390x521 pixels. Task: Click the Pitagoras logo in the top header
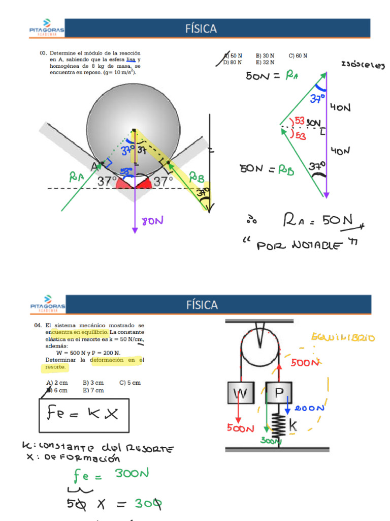tap(46, 28)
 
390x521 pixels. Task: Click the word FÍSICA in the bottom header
tap(202, 305)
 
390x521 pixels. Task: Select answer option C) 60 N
tap(298, 55)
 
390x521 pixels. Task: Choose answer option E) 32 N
tap(266, 62)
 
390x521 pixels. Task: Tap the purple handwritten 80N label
tap(152, 221)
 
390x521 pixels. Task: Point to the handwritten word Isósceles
tap(363, 65)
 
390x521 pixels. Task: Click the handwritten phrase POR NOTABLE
tap(300, 245)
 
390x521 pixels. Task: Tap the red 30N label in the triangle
tap(313, 123)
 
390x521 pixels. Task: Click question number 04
tap(38, 325)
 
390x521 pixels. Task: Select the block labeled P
tap(278, 393)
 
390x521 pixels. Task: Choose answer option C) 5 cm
tap(130, 383)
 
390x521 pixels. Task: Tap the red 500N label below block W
tap(240, 428)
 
